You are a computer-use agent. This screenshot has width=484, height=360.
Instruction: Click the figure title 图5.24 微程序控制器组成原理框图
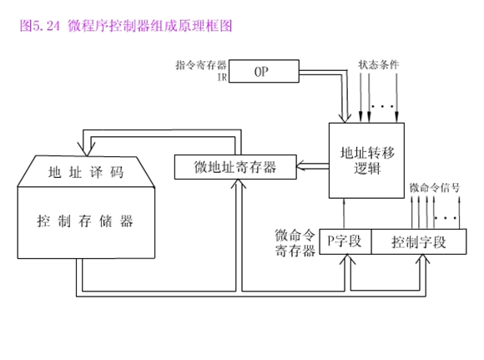pyautogui.click(x=125, y=26)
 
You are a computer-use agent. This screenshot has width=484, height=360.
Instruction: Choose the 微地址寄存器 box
pyautogui.click(x=235, y=166)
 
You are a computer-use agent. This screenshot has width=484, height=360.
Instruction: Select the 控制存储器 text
pyautogui.click(x=84, y=221)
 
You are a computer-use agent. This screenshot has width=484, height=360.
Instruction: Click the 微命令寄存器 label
pyautogui.click(x=295, y=241)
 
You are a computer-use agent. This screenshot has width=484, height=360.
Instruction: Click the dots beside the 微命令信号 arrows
pyautogui.click(x=451, y=218)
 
